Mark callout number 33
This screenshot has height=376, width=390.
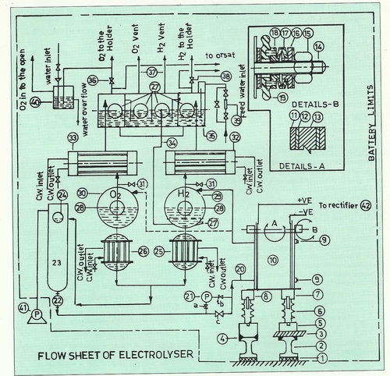(73, 138)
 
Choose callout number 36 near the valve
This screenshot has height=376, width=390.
(93, 80)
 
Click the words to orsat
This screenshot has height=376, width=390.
(222, 56)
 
